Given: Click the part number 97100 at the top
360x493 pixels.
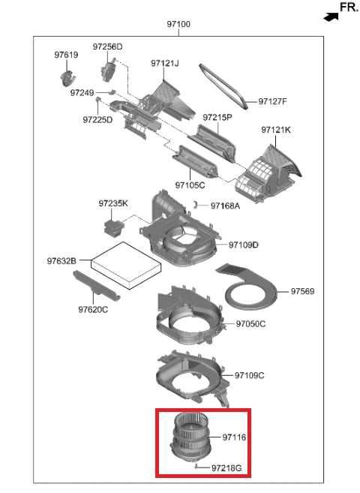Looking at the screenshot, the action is click(178, 24).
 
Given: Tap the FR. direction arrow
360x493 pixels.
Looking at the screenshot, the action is click(331, 17).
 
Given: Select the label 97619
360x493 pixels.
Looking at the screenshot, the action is click(66, 55).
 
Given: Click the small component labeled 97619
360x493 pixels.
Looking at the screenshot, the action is click(67, 78).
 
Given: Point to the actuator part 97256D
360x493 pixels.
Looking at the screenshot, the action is click(109, 71).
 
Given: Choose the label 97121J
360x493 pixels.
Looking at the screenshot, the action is click(165, 63).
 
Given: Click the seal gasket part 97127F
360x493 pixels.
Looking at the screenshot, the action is click(223, 86).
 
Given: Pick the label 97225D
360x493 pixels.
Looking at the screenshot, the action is click(97, 120).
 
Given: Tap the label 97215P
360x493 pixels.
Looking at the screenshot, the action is click(217, 117).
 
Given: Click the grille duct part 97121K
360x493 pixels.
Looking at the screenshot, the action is click(268, 174).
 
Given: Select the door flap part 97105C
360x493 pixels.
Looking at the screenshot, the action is click(195, 161).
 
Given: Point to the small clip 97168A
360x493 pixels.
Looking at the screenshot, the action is click(195, 205).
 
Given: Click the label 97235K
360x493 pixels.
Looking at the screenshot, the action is click(113, 203).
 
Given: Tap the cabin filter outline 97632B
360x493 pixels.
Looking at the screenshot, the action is click(126, 266).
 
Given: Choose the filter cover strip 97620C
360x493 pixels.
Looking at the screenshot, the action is click(97, 286).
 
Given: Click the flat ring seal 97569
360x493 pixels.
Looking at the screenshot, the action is click(250, 287).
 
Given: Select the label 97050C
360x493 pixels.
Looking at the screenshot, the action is click(250, 323).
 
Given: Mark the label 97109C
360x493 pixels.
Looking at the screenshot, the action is click(250, 375).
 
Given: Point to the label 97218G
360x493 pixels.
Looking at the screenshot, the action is click(226, 468).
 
